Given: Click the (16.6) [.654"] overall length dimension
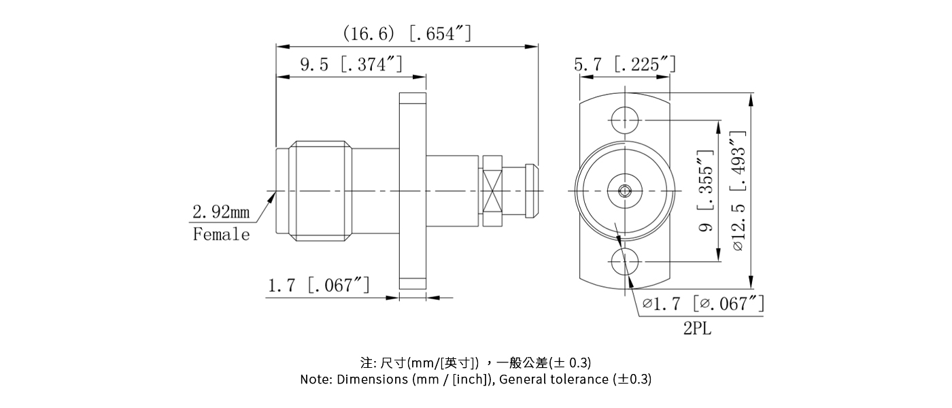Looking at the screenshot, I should tap(407, 33).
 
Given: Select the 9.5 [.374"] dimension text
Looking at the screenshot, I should tap(351, 65).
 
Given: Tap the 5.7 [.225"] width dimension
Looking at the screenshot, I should tap(624, 65).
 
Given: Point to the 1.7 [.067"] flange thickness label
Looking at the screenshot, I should tap(318, 285).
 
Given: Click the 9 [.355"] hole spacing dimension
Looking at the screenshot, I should tap(706, 191).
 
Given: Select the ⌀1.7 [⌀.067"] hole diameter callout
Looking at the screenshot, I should tap(703, 303).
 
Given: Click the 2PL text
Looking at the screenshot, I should tap(698, 329).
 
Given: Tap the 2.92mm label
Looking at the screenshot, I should tap(221, 212).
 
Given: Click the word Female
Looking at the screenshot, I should tap(221, 235).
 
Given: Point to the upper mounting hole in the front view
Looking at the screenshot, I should tap(624, 121).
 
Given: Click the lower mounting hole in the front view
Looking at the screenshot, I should tap(624, 262).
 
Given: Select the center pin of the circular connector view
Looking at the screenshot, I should tap(624, 191).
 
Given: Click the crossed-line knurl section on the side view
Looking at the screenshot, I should tap(493, 190).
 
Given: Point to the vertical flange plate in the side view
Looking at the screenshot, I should tap(412, 190).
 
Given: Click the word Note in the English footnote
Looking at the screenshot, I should tap(316, 379).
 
